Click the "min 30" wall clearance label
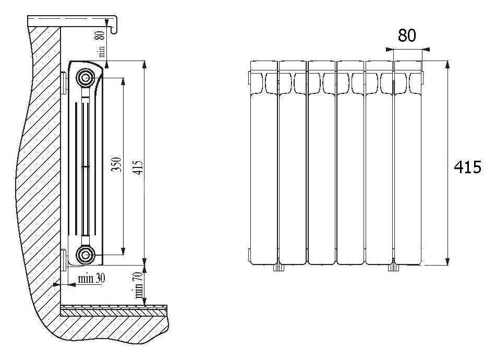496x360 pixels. pos(91,279)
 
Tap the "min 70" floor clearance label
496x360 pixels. pos(139,285)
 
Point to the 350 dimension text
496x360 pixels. pos(117,164)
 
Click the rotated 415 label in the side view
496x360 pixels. pos(138,167)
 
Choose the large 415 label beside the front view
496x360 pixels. pos(467,167)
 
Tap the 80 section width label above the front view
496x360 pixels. pos(407,35)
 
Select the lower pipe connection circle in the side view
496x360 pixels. pos(85,254)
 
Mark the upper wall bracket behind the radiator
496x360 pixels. pos(63,83)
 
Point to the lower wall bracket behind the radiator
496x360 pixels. pos(63,260)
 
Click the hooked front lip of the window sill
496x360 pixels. pos(115,25)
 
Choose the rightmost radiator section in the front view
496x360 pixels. pos(408,163)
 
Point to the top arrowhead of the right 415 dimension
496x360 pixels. pos(447,64)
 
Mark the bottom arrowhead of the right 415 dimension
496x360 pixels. pos(447,261)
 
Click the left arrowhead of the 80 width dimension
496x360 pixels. pos(390,49)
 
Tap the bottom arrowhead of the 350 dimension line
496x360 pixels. pos(123,251)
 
